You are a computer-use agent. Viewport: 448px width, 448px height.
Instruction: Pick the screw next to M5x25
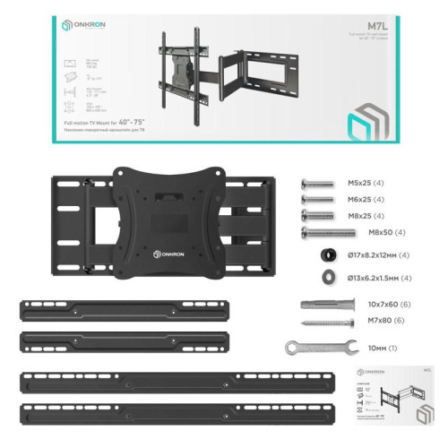pos(319,182)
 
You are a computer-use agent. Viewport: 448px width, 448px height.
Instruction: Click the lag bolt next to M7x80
pos(321,322)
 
